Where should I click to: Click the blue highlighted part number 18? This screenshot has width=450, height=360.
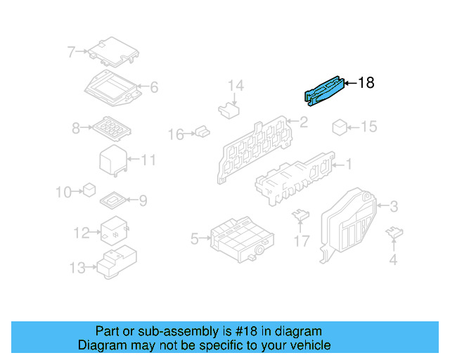point(323,91)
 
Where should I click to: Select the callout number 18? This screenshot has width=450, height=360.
point(366,83)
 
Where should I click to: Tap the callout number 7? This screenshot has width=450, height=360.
point(71,52)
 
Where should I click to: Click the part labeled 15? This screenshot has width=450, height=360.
point(340,127)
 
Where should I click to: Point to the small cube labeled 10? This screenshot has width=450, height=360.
point(89,190)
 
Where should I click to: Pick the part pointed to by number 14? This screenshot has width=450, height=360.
point(229,110)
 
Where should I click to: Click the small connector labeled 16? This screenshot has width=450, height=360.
point(202,131)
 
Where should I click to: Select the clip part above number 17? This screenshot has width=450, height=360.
point(300,215)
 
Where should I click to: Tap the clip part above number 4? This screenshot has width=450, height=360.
point(394,232)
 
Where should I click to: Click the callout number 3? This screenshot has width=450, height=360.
point(394,207)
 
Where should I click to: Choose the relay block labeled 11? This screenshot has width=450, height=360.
point(113,161)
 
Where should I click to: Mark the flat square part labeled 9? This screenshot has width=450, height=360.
point(113,200)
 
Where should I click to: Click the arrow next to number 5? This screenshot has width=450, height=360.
point(205,238)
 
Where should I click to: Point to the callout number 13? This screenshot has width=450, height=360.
point(77,268)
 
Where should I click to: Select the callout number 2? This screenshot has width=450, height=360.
point(304,122)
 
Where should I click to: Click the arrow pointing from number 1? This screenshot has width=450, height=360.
point(337,165)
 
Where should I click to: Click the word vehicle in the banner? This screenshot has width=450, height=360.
point(313,345)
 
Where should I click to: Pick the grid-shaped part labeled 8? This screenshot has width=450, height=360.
point(112,129)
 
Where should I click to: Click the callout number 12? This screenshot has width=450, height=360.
point(82,233)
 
